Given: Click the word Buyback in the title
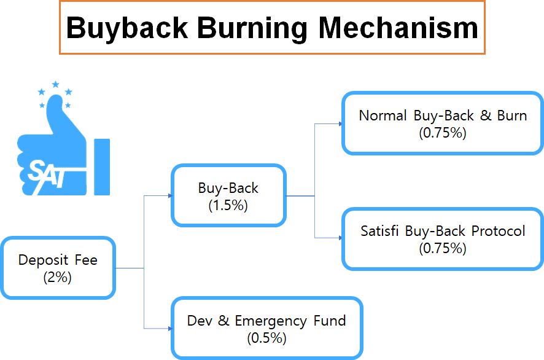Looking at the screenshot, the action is (x=127, y=28).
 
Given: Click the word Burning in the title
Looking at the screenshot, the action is (x=252, y=28).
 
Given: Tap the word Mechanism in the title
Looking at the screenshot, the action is (x=398, y=28).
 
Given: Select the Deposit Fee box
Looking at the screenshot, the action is (x=58, y=268).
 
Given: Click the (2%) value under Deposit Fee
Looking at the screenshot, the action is (x=58, y=278).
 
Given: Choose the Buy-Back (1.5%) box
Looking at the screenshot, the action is (x=228, y=196).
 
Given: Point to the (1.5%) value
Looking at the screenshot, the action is (x=228, y=206).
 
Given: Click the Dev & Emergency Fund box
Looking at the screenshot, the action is (x=267, y=329).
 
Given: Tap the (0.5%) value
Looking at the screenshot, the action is (x=267, y=338).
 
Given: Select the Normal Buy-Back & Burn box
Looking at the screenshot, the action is (x=443, y=123).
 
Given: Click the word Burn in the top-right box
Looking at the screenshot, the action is (x=512, y=115).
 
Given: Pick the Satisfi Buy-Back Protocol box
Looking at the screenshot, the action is (x=443, y=239).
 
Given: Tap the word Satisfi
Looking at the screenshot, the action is (x=379, y=231).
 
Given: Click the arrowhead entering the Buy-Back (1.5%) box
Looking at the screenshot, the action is (x=170, y=196).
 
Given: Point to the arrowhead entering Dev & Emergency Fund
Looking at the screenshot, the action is (x=170, y=329).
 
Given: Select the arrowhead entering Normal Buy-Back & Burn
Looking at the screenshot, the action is (x=340, y=123).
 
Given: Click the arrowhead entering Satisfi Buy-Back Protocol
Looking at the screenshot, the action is (x=340, y=238).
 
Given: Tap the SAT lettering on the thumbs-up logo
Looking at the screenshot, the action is (x=46, y=174).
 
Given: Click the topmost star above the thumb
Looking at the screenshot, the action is (x=55, y=84).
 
